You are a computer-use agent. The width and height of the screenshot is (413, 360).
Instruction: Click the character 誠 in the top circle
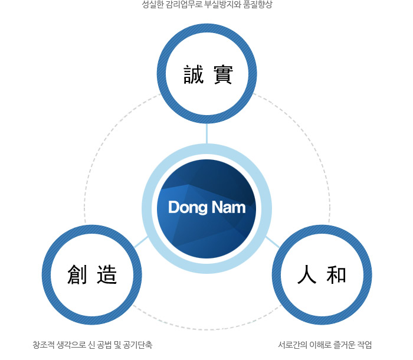pos(194,74)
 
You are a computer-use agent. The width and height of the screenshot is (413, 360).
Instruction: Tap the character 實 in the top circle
pos(223,74)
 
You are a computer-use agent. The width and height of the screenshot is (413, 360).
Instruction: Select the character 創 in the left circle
pos(77,274)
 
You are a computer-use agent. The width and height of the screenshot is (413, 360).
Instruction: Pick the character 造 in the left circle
pos(107,274)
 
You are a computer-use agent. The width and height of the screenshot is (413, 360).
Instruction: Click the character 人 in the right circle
pos(307,274)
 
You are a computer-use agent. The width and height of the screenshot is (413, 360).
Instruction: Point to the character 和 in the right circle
pos(336,274)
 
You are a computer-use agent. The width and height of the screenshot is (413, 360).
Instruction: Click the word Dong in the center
pos(188,207)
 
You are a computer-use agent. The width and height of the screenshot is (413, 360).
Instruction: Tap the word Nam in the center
pos(229,207)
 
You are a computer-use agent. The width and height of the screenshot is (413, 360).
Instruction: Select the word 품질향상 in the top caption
pos(258,5)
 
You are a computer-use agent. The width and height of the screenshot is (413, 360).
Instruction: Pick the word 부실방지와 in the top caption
pos(222,5)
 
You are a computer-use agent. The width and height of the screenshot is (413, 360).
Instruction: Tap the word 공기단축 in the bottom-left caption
pos(137,345)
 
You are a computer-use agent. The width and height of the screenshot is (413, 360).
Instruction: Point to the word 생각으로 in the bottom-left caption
pos(71,345)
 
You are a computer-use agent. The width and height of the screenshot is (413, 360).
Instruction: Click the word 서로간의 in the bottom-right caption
pos(293,345)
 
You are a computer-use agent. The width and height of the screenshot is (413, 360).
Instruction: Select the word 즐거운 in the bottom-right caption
pos(344,345)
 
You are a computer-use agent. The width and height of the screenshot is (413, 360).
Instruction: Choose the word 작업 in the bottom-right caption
pos(365,345)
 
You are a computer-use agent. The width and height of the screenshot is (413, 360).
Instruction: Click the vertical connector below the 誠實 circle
pos(206,133)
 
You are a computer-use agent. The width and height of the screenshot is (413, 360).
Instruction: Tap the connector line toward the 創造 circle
pos(142,242)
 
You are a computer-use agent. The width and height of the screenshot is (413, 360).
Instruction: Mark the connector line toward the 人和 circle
pos(272,242)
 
